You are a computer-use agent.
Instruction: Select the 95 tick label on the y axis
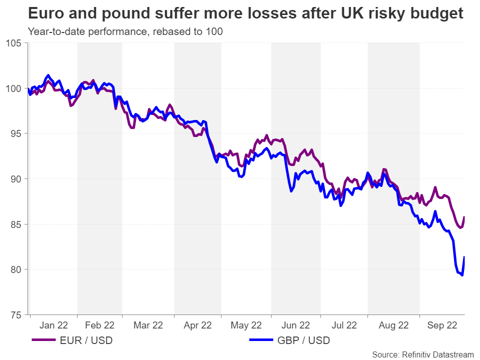pos(16,133)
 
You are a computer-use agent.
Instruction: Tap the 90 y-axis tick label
pos(16,179)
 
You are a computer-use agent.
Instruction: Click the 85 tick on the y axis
pos(16,224)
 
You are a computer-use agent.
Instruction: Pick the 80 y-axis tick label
pos(16,269)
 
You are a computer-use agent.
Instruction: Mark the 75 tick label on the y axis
pos(16,315)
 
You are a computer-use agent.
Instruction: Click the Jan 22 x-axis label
pos(53,325)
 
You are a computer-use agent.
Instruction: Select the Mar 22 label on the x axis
pos(148,325)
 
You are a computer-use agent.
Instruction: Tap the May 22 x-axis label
pos(245,325)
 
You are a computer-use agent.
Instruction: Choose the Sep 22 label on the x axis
pos(442,325)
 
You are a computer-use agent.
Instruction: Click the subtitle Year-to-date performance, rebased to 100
pos(125,31)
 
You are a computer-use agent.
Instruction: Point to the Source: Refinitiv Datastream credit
pos(422,354)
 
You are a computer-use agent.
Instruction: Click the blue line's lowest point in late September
pos(462,275)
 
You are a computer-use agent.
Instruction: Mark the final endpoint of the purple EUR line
pos(464,217)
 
